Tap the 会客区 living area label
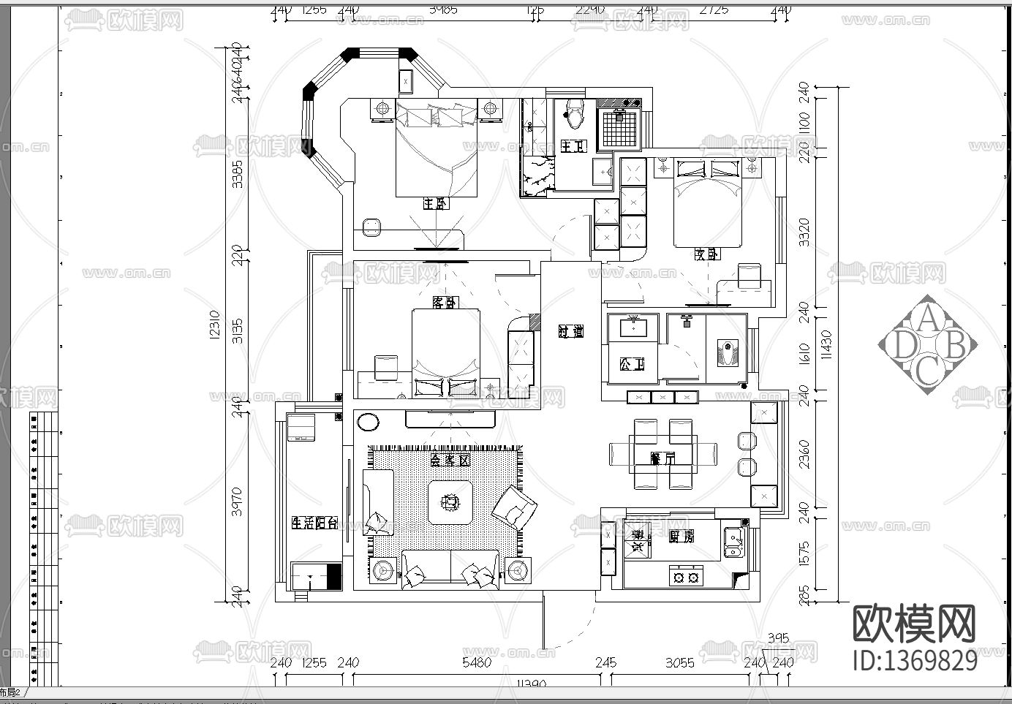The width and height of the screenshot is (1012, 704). tap(449, 461)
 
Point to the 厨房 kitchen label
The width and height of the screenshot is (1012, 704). tap(681, 536)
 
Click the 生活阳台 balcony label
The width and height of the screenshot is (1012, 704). tap(314, 523)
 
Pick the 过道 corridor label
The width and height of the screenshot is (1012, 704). tap(571, 331)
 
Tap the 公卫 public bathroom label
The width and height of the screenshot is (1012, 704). tap(632, 363)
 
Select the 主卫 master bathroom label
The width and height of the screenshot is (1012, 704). tap(573, 146)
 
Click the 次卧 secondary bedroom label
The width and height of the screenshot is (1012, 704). tap(706, 254)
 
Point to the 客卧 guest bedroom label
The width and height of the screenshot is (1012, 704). tap(445, 302)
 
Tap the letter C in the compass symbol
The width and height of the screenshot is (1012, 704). tap(927, 371)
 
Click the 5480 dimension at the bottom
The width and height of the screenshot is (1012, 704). tap(477, 662)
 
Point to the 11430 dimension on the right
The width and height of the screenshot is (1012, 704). tap(827, 344)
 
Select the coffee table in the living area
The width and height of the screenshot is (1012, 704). tap(450, 501)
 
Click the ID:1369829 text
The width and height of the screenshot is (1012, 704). tap(915, 659)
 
